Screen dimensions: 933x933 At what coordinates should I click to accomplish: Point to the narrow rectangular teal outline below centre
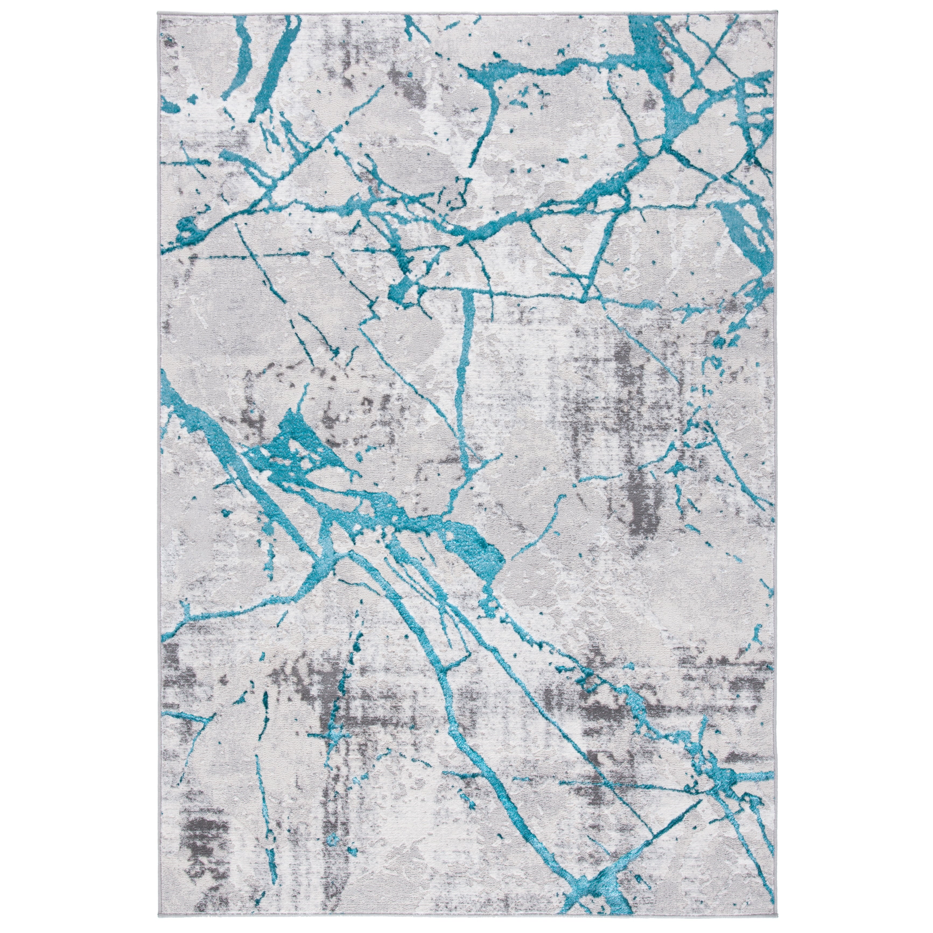point(447,628)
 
